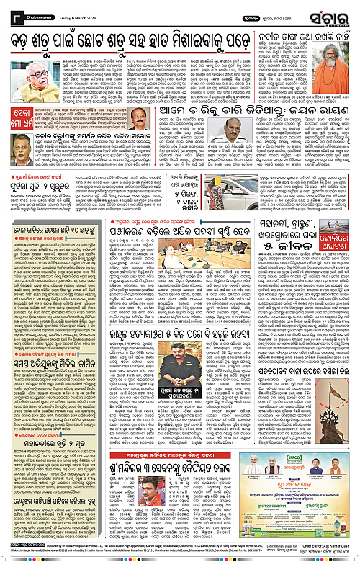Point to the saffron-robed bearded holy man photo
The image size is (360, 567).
tap(338, 66)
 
